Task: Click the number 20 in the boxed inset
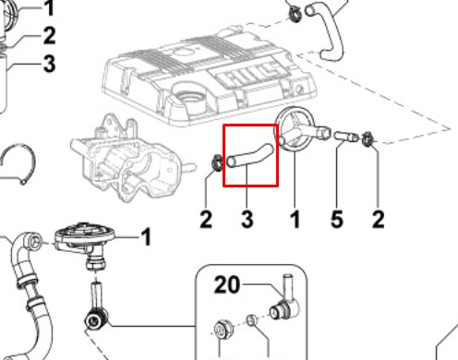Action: pyautogui.click(x=227, y=284)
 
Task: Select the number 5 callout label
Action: pyautogui.click(x=336, y=219)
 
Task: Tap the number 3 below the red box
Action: pyautogui.click(x=247, y=219)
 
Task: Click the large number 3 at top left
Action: pyautogui.click(x=49, y=64)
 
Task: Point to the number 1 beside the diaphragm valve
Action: pyautogui.click(x=146, y=237)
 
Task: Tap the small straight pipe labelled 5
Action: pyautogui.click(x=346, y=136)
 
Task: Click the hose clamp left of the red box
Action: pyautogui.click(x=217, y=162)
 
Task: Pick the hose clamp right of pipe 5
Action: pyautogui.click(x=368, y=139)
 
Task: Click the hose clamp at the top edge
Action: pyautogui.click(x=295, y=13)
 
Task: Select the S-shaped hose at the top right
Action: pyautogui.click(x=325, y=30)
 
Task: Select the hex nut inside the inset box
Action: pyautogui.click(x=223, y=330)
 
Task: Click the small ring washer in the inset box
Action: pyautogui.click(x=252, y=320)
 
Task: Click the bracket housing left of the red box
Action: pyautogui.click(x=131, y=157)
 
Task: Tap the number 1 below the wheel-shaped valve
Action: pyautogui.click(x=295, y=219)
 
